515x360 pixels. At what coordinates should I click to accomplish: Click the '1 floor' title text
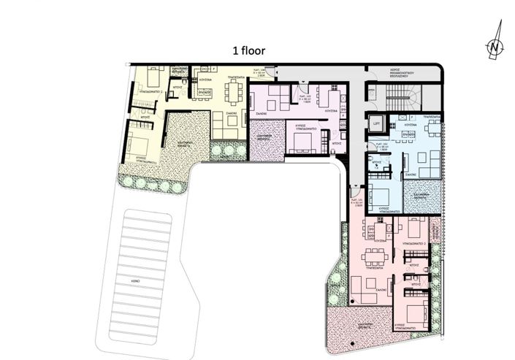coord(248,51)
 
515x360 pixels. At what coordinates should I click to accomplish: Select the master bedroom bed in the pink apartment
coord(416,306)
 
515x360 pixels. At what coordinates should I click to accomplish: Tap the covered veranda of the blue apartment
coord(427,195)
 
